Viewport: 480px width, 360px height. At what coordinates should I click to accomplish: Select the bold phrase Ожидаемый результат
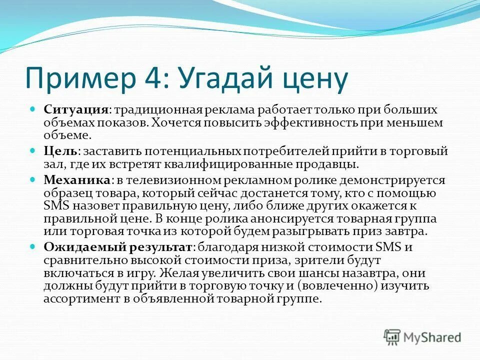coord(118,247)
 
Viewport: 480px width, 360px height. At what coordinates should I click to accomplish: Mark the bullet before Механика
coord(32,179)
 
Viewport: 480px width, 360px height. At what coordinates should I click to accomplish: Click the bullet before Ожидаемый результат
coord(32,246)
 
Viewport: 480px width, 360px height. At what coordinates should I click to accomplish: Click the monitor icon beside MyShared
coord(393,337)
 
